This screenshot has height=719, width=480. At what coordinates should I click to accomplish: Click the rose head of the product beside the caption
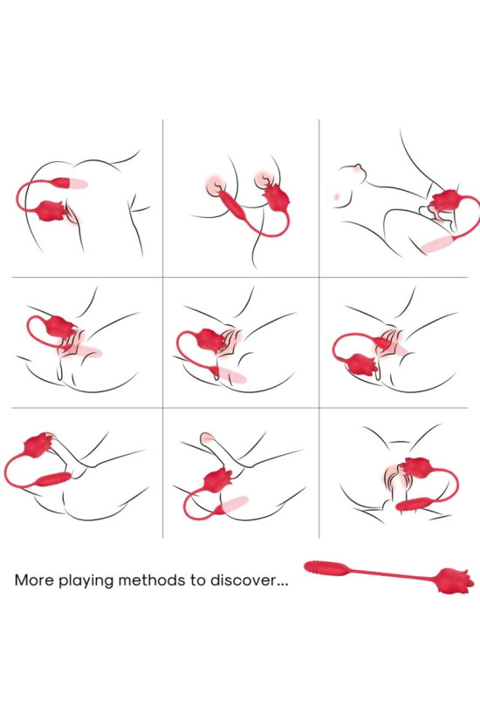[455, 580]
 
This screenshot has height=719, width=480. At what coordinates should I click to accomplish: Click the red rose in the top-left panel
[51, 211]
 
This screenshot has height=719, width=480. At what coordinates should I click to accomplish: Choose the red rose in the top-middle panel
[278, 197]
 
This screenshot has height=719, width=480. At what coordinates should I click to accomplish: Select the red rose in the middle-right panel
[363, 364]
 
